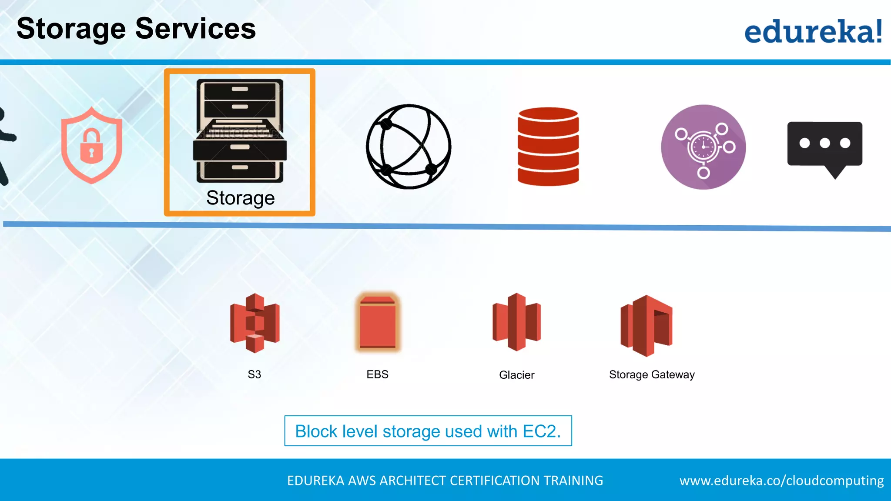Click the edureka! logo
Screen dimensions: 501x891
[813, 31]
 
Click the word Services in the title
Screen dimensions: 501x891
[195, 29]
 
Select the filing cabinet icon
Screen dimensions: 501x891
[240, 130]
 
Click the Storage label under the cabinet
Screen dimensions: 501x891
[240, 198]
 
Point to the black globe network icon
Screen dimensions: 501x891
[409, 147]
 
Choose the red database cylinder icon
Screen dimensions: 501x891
[548, 147]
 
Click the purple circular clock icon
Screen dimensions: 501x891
[703, 147]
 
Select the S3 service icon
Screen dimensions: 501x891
[255, 323]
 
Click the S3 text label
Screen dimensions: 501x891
[255, 374]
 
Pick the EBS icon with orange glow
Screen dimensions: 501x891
[377, 322]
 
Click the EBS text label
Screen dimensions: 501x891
[377, 374]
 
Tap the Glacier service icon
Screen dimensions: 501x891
[516, 322]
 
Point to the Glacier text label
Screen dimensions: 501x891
[516, 375]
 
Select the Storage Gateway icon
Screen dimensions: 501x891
[646, 325]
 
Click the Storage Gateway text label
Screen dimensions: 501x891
[651, 374]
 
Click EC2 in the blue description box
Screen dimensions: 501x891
[541, 431]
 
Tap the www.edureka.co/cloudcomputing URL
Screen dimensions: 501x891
[781, 481]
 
